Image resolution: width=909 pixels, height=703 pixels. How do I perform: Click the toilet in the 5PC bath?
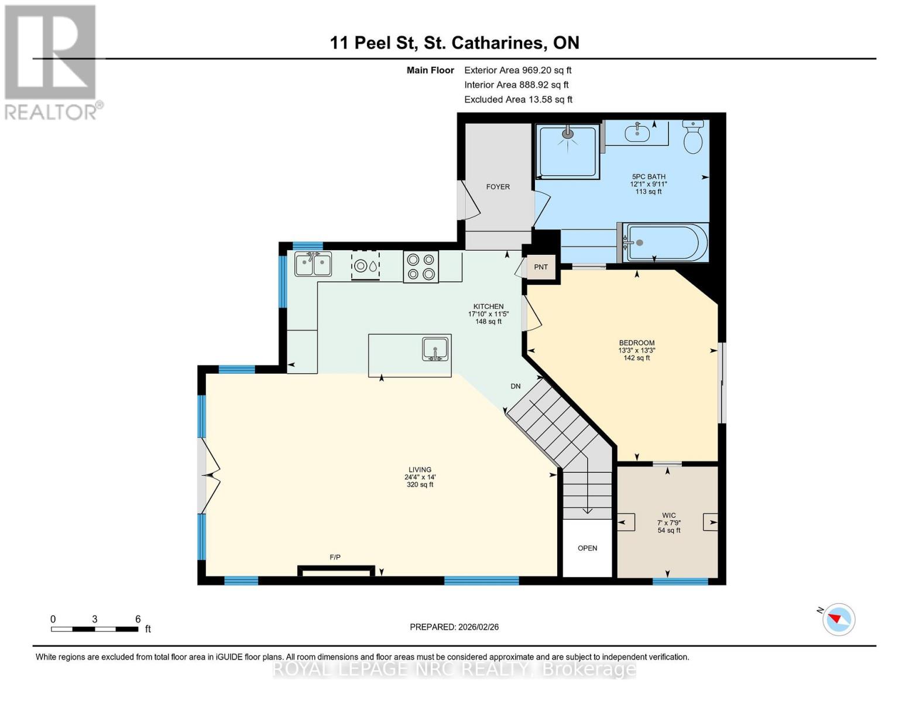pos(693,138)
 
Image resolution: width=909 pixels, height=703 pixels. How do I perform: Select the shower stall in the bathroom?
pos(568,151)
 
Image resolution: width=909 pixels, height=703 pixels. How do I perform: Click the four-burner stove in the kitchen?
pos(421,267)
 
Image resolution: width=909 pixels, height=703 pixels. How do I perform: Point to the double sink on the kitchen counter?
pos(313,264)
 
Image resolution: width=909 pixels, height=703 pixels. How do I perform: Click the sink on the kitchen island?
pos(435,349)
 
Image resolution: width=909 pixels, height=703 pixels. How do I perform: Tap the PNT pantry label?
pos(541,267)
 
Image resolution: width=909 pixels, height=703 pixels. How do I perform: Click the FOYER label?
pos(498,187)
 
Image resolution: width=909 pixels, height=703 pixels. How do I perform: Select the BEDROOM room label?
pos(637,343)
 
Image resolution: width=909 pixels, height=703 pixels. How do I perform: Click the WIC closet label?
pos(669,516)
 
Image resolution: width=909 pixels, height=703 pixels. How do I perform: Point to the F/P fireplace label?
pos(335,557)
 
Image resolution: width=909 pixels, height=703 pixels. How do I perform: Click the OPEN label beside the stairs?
pos(587,548)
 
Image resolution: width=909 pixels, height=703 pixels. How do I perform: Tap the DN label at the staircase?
pos(516,386)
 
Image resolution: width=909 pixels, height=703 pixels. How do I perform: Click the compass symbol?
pos(838,619)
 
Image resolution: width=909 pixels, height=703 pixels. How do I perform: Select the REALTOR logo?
pos(52,62)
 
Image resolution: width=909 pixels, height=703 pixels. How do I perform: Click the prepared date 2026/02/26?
pos(454,627)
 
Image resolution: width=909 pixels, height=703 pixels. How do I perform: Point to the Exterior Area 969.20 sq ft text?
pos(517,70)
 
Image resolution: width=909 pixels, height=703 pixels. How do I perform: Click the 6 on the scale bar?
pos(138,619)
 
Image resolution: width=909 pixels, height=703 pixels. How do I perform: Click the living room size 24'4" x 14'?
pos(420,477)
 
